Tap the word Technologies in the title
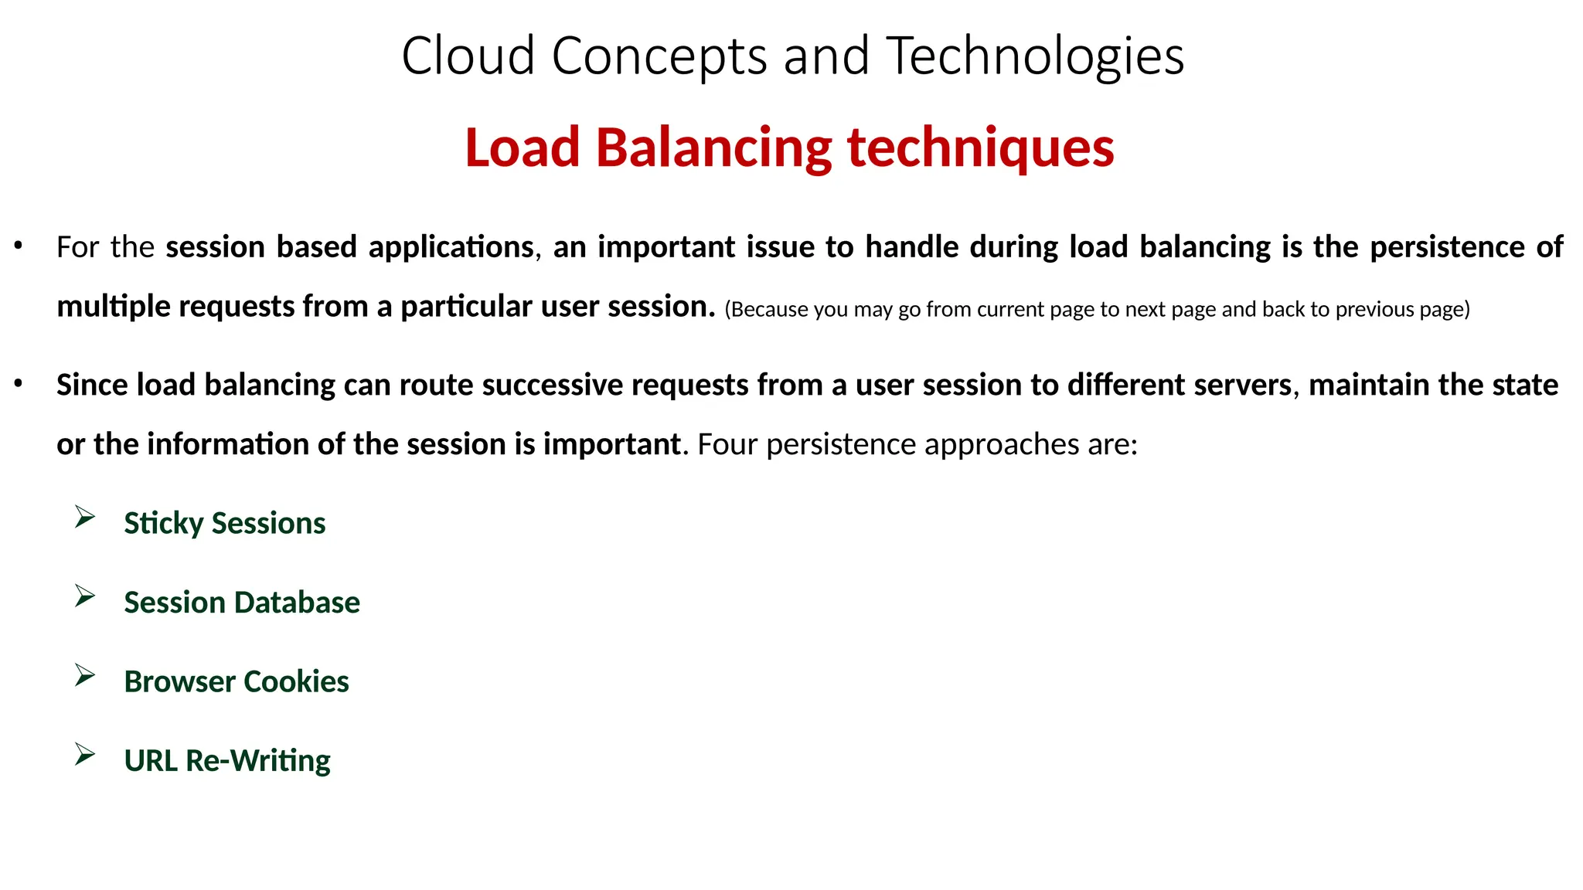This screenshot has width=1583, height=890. pos(1035,56)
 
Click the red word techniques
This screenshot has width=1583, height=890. pos(981,148)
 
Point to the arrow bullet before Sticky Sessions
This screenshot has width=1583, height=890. pos(85,517)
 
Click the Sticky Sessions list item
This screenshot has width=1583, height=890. pos(224,523)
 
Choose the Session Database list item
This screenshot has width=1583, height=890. pos(241,603)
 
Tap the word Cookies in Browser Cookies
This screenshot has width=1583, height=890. pos(296,681)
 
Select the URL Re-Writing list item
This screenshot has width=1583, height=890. pos(226,761)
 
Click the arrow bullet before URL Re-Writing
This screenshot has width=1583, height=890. pos(85,754)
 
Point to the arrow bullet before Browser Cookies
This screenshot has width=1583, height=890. pos(85,675)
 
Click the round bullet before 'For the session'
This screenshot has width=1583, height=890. pos(19,246)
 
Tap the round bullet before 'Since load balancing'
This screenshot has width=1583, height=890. pos(19,383)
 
